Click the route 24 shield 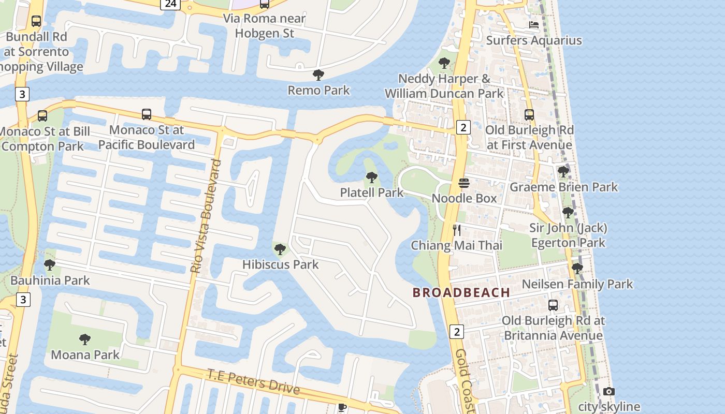pos(170,4)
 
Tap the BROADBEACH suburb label pos(461,292)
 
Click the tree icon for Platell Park pos(371,178)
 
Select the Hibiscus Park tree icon pos(280,249)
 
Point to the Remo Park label pos(318,90)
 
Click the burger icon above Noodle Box pos(463,183)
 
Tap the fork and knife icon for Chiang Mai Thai pos(457,230)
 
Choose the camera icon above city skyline pos(609,392)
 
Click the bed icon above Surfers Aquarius pos(534,25)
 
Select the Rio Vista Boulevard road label pos(206,217)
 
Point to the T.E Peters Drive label pos(254,381)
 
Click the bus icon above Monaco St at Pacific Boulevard pos(147,114)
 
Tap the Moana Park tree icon pos(85,339)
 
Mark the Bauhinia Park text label pos(50,280)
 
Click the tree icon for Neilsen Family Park pos(577,269)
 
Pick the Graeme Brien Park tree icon pos(563,171)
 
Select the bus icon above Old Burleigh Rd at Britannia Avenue pos(553,305)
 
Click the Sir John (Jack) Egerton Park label pos(568,235)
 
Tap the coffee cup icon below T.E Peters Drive pos(342,407)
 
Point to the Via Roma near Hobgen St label pos(264,26)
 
